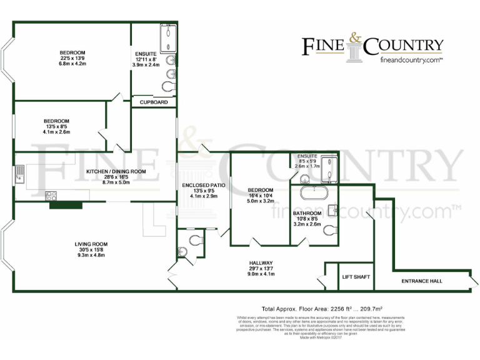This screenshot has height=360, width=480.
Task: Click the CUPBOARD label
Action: (154, 102)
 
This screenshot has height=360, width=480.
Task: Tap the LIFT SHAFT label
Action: (356, 277)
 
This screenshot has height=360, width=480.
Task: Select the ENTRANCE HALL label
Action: (422, 281)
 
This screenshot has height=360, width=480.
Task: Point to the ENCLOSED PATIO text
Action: (203, 186)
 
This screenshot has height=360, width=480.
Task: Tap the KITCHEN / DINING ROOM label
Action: (116, 171)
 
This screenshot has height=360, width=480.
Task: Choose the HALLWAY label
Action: (261, 262)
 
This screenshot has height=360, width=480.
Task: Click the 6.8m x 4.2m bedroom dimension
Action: (72, 64)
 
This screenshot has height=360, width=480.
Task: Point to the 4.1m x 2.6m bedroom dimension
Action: (56, 132)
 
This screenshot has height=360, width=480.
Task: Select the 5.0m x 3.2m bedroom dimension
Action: (260, 201)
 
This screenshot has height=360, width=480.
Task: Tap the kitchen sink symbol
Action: (20, 173)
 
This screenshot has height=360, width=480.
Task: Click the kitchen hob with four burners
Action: (51, 196)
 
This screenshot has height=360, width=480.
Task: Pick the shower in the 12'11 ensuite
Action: (167, 38)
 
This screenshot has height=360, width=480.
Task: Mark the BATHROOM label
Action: (307, 213)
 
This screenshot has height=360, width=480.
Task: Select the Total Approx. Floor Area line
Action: (321, 309)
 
